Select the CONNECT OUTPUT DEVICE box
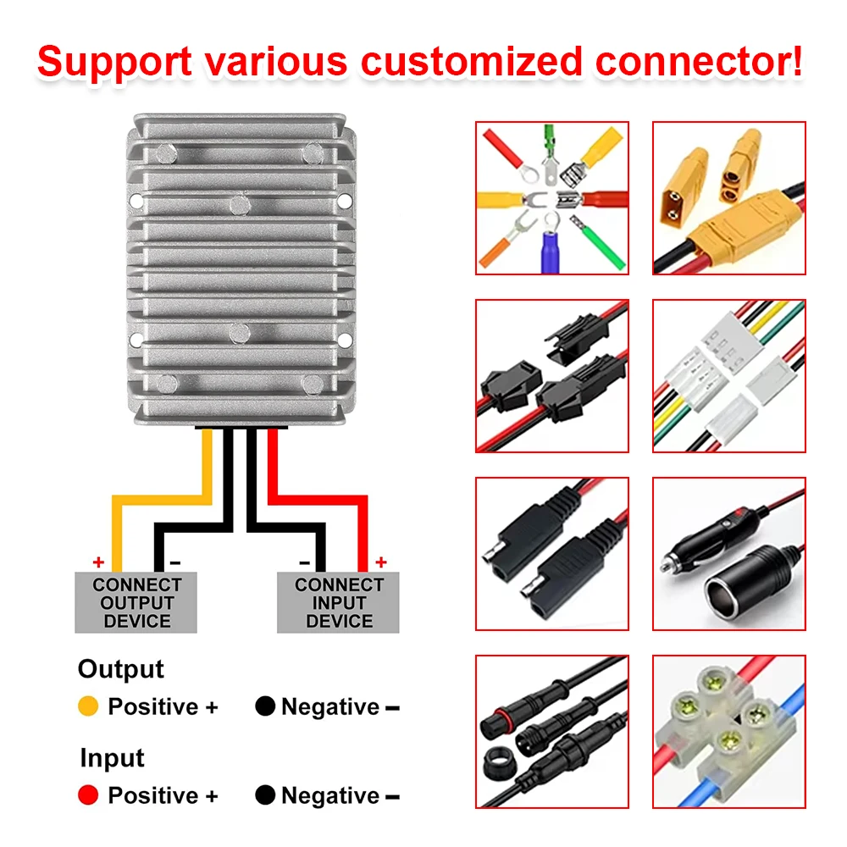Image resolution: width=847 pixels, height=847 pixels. pos(136,603)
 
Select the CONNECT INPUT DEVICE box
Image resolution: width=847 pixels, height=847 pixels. pos(338,603)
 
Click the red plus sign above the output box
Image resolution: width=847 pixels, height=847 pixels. pos(98,562)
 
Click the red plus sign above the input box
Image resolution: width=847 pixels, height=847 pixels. pos(381,562)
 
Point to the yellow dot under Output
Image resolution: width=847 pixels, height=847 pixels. pos(88,706)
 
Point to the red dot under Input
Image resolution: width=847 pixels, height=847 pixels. pos(88,795)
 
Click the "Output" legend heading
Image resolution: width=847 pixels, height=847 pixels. pos(120,669)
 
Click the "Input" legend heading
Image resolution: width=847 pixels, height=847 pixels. pos(112,758)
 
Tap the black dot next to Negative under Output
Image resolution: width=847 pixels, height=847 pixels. pos(265,706)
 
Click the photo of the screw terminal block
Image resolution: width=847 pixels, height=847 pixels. pos(728,731)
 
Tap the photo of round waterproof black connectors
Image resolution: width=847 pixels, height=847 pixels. pos(552,731)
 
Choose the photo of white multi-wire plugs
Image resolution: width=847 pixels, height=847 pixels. pos(728,375)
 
